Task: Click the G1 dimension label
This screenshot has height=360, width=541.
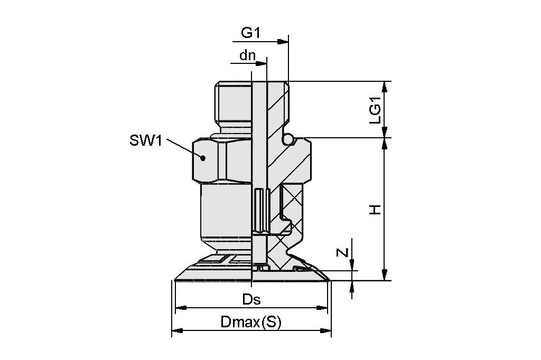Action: [251, 33]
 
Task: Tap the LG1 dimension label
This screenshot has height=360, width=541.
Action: [375, 113]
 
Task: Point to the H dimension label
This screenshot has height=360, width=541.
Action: [375, 210]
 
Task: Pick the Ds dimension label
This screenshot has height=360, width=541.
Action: [251, 299]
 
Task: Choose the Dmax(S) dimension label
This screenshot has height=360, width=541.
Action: [251, 323]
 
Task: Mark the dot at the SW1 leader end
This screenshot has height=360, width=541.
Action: [202, 157]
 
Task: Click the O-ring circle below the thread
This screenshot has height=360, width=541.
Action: [288, 139]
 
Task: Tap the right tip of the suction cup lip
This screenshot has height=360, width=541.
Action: [329, 279]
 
